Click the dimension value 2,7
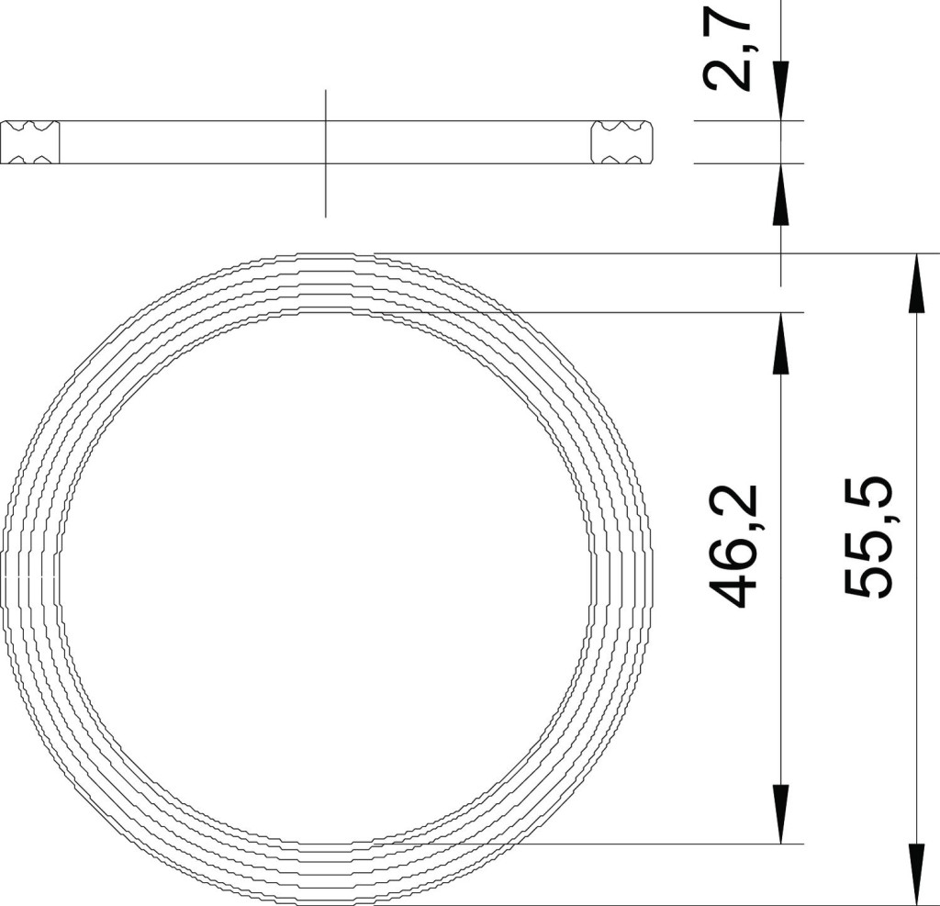tap(727, 47)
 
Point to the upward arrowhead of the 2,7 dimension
tap(780, 194)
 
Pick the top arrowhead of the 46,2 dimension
tap(780, 342)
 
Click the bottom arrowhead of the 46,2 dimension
tap(780, 813)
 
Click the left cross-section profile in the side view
tap(30, 142)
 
